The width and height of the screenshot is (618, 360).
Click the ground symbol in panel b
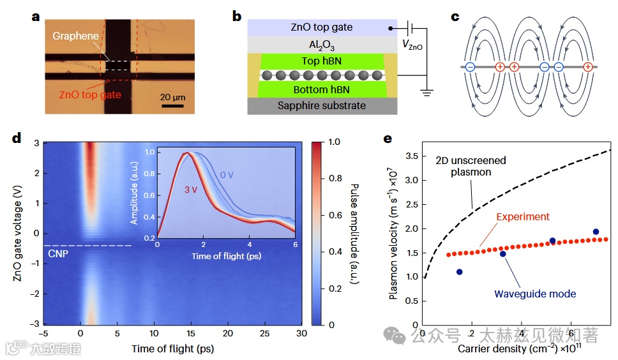(x=426, y=93)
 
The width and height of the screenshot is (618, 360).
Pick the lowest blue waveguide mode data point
(x=460, y=272)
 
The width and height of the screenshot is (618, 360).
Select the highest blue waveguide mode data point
(x=596, y=232)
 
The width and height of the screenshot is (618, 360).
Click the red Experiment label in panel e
(x=524, y=216)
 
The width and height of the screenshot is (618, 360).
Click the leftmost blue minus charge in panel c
(x=470, y=66)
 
